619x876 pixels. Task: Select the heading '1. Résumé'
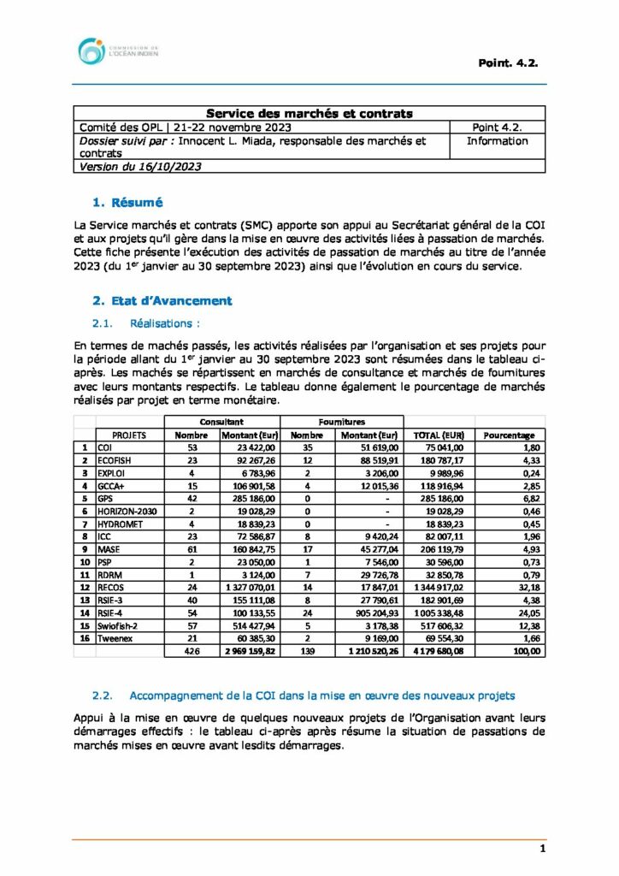[127, 203]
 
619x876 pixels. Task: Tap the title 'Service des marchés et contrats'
[309, 113]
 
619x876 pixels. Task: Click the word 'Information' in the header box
[497, 141]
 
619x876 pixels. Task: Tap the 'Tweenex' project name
[117, 638]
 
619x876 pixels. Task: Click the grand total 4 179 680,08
[438, 651]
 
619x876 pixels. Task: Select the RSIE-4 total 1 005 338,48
[438, 613]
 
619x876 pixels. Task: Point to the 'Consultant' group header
[221, 422]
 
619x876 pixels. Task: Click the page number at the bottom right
[542, 849]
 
